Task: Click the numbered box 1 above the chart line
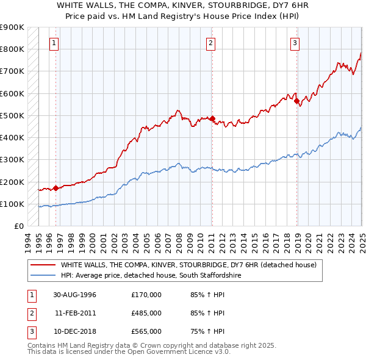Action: [x=55, y=43]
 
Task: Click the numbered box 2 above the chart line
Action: [x=210, y=43]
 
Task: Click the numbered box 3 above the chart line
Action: [x=295, y=43]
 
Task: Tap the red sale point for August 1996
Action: [x=56, y=188]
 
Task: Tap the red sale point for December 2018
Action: [x=296, y=101]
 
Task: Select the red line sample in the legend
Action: [x=43, y=265]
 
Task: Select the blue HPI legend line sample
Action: [x=43, y=276]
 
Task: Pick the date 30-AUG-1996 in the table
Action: [x=74, y=295]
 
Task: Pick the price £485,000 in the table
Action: [x=146, y=313]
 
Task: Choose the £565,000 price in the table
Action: [x=146, y=331]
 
